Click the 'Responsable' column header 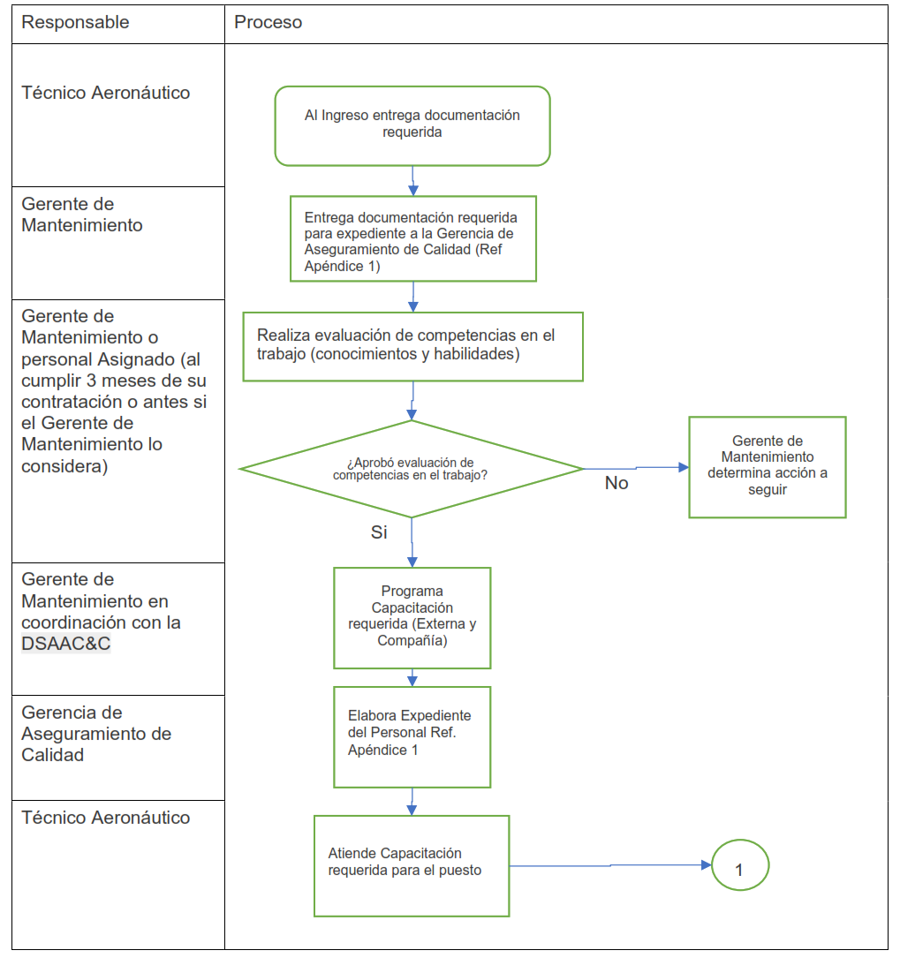[x=75, y=23]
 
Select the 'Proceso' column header [x=268, y=23]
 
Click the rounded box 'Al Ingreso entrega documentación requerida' [x=412, y=125]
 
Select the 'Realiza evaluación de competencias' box [x=412, y=346]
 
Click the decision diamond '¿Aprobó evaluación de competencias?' [x=412, y=468]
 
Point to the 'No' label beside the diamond [x=616, y=484]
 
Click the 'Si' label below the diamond [x=379, y=532]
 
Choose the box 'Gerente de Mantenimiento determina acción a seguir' [x=768, y=466]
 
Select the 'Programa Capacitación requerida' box [x=412, y=617]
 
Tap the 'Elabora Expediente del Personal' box [x=412, y=736]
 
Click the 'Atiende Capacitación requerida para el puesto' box [x=412, y=865]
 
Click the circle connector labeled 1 [x=739, y=866]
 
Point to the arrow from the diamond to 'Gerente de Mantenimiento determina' [x=636, y=467]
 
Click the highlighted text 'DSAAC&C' [x=66, y=644]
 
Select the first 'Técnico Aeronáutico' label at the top [x=106, y=93]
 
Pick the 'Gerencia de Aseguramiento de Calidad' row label [x=96, y=734]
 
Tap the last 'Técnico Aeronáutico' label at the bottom [x=106, y=818]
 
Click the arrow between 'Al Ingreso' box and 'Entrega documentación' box [x=412, y=181]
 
